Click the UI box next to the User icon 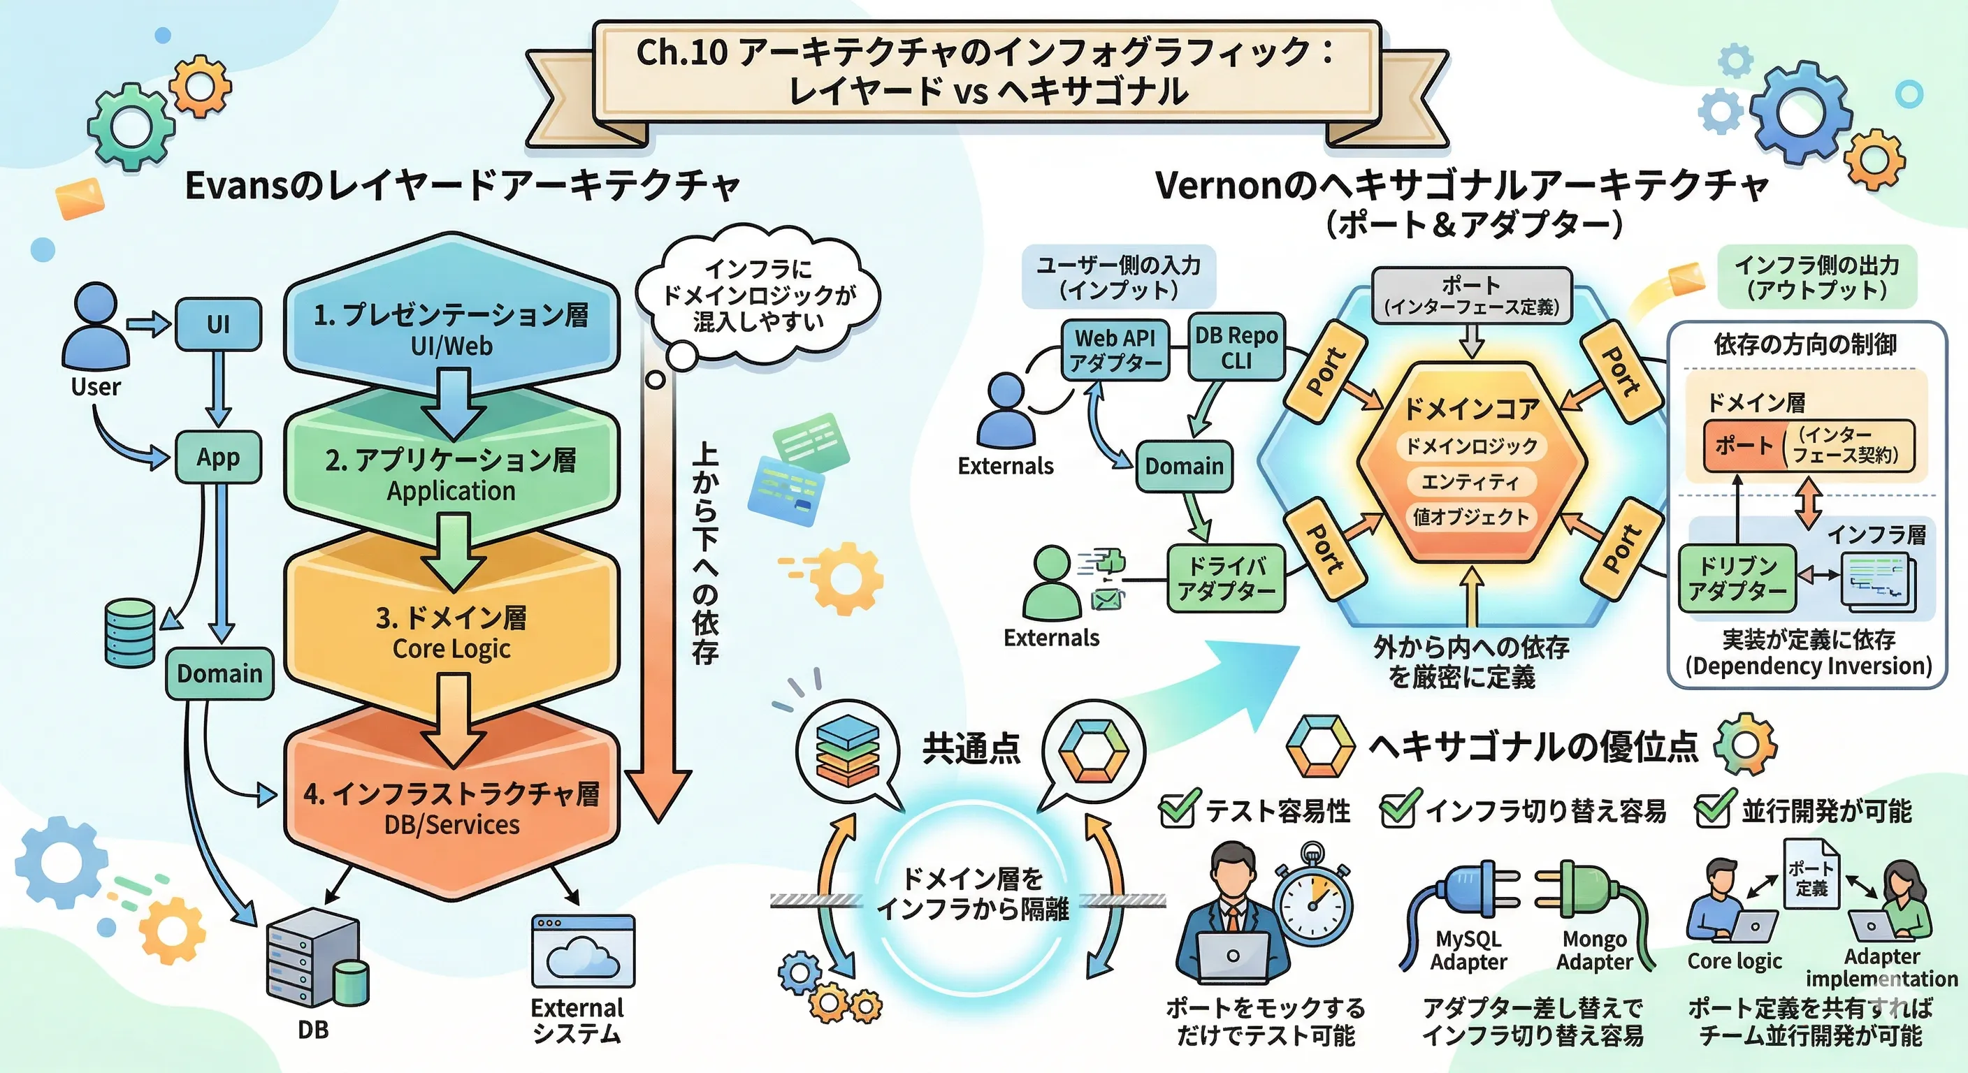[219, 325]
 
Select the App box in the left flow [219, 457]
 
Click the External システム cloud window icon [583, 951]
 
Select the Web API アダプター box [1115, 350]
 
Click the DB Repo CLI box [1236, 347]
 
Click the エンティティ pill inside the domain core [1470, 481]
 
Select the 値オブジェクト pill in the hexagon [1470, 517]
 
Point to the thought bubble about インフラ [758, 296]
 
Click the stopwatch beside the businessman [1312, 901]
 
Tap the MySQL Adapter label [1468, 950]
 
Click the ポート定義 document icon [1811, 875]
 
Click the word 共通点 [971, 747]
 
